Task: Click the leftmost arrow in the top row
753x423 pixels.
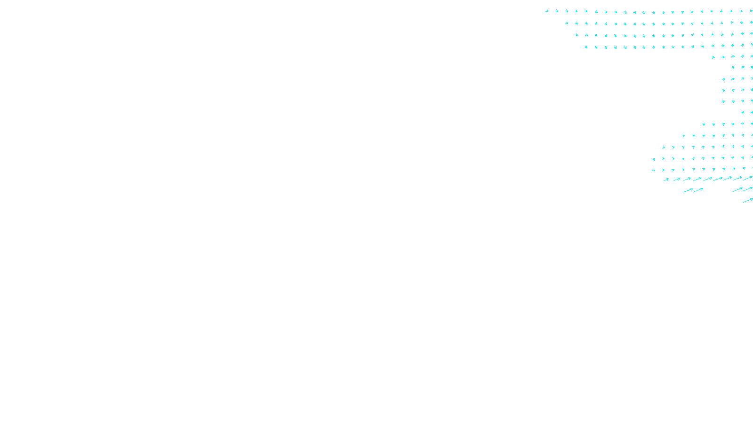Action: (x=547, y=11)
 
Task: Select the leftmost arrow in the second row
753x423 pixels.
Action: (x=567, y=23)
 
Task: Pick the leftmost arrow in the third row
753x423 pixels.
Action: (x=576, y=34)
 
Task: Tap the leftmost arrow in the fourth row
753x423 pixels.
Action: (x=586, y=47)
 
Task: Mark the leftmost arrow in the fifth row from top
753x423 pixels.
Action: (x=713, y=57)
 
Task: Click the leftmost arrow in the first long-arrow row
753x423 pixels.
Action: (x=666, y=180)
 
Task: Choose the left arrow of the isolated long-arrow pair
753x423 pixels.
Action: (x=688, y=190)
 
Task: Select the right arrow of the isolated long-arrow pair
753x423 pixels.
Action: (x=698, y=190)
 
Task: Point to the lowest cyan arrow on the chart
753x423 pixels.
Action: (x=748, y=201)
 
